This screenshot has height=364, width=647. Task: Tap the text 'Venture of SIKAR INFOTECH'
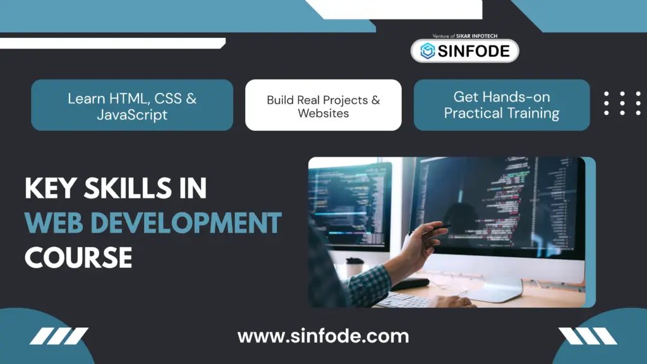tap(464, 36)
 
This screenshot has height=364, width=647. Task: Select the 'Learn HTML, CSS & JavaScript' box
tap(132, 105)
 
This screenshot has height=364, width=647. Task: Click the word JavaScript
tap(132, 114)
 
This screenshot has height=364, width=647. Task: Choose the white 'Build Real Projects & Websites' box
tap(323, 105)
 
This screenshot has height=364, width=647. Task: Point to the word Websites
tap(323, 114)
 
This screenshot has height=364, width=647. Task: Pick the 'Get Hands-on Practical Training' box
tap(502, 105)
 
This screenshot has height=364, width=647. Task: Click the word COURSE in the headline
tap(78, 257)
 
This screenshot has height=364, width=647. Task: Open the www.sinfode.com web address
tap(323, 336)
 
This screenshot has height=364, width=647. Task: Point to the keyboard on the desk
tap(404, 300)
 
